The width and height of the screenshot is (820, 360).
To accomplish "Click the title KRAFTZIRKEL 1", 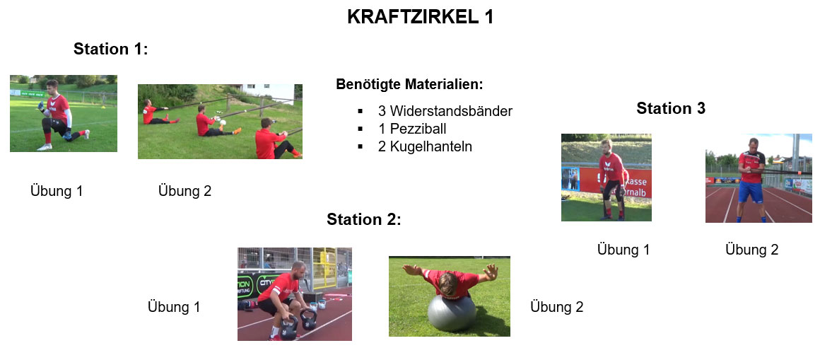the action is (420, 17).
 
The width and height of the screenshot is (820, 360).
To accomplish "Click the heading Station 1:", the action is (111, 49).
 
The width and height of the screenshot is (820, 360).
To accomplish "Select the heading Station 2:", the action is (364, 219).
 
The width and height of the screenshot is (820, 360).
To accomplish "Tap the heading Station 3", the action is (671, 108).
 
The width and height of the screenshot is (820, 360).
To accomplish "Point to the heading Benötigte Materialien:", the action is (409, 84).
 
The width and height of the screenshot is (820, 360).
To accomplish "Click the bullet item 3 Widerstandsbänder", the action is (445, 111).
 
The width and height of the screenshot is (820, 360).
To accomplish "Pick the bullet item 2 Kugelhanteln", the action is (425, 146).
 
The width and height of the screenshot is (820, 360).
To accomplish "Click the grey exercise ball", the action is (451, 313).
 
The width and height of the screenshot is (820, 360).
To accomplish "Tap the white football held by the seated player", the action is (223, 123).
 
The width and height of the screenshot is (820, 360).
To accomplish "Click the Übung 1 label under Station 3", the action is (623, 250).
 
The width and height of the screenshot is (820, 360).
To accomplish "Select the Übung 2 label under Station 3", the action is (751, 250).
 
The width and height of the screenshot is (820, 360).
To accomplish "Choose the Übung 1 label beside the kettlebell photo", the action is (174, 307).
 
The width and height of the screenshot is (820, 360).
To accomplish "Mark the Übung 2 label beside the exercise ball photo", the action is (556, 307).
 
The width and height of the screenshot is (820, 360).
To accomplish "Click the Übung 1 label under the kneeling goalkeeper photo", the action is (57, 191).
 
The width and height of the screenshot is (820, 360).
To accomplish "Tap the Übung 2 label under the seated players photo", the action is (184, 191).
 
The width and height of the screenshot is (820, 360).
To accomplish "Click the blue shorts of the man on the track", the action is (751, 192).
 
